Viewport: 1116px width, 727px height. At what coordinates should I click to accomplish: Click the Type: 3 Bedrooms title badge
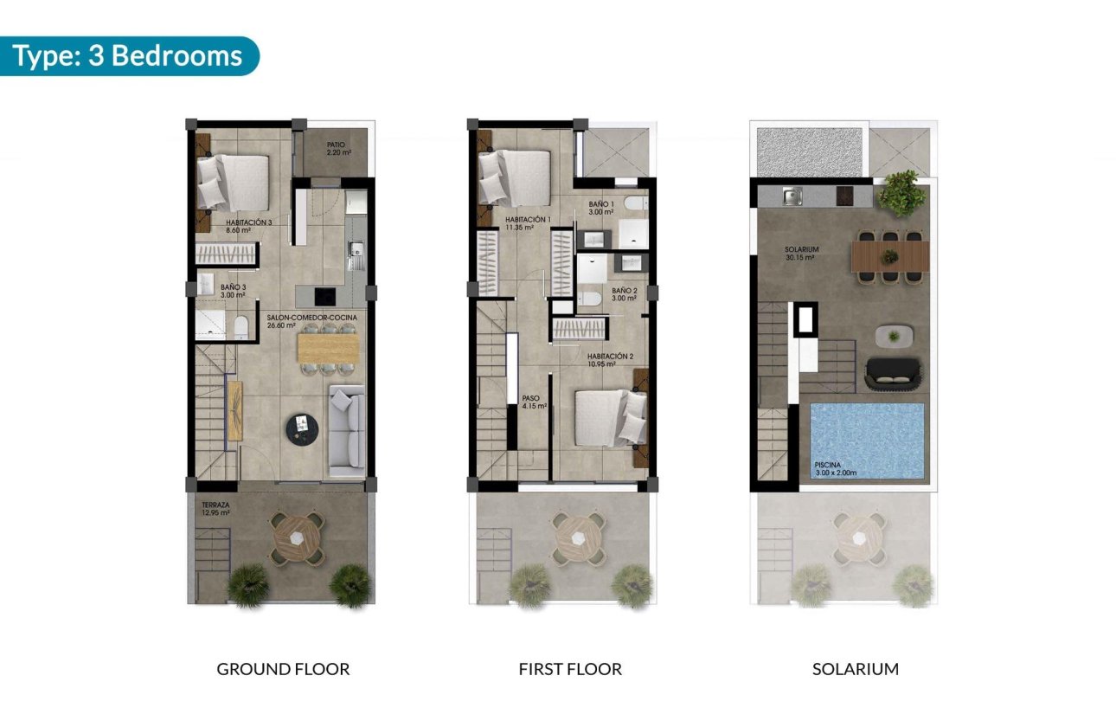coord(128,56)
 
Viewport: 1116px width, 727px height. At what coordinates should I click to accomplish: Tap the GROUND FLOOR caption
coord(283,669)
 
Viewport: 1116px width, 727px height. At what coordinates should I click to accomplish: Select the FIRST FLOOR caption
coord(570,669)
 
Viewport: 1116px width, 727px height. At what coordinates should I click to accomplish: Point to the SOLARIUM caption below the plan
coord(855,669)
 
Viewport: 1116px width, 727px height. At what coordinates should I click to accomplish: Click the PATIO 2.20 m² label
coord(338,149)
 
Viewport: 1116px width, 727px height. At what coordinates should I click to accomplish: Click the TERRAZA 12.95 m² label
coord(215,508)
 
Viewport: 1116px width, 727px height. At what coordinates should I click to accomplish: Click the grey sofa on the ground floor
coord(346,431)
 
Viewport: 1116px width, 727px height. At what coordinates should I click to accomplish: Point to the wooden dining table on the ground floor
coord(327,348)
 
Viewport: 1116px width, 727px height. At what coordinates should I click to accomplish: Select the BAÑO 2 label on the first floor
coord(624,294)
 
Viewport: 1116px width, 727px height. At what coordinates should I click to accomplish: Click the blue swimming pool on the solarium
coord(867,440)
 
